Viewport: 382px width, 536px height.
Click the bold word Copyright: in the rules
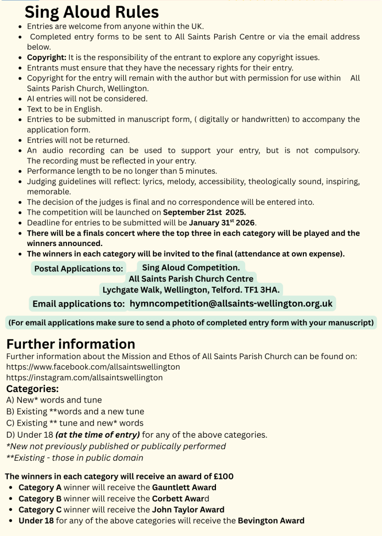47,57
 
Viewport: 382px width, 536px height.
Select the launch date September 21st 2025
204,213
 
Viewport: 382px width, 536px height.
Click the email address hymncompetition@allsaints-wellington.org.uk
231,304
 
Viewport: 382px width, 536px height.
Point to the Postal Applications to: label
79,269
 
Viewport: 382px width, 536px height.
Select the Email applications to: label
78,304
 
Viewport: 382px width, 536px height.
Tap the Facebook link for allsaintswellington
93,367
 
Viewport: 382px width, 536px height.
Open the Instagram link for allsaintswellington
84,377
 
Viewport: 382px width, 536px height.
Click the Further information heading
71,344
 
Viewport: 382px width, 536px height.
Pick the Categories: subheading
32,389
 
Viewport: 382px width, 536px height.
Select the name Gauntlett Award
184,487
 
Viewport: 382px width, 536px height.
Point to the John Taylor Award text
188,509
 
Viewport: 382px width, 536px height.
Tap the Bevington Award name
271,520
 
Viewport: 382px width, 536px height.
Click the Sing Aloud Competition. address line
191,267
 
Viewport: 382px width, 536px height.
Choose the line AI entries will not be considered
87,98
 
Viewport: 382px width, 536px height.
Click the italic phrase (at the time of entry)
97,434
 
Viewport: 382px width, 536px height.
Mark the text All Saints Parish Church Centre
191,278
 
